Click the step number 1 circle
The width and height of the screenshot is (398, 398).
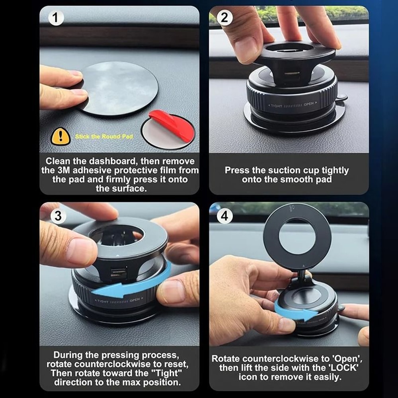pos(56,18)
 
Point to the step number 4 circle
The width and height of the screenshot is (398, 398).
pos(225,216)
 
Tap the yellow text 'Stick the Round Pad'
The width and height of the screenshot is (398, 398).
pos(103,137)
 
